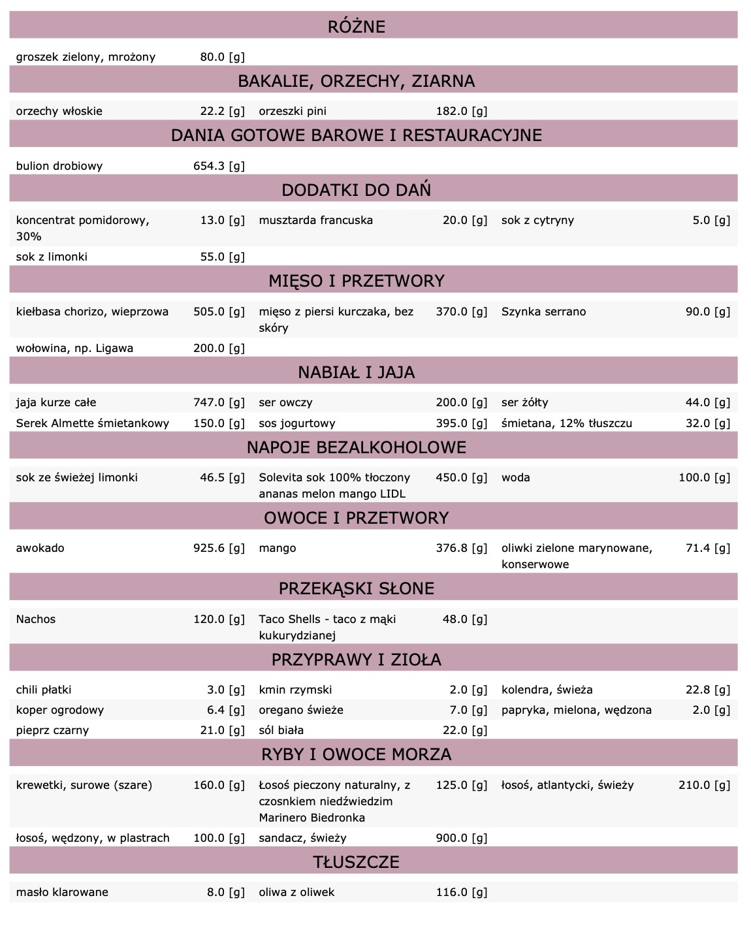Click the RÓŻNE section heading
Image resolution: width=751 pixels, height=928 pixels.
pyautogui.click(x=356, y=27)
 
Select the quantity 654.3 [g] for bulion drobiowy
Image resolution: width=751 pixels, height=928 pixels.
pyautogui.click(x=219, y=166)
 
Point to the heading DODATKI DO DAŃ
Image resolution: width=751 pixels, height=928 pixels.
pyautogui.click(x=356, y=190)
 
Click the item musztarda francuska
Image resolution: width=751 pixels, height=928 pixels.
pyautogui.click(x=315, y=220)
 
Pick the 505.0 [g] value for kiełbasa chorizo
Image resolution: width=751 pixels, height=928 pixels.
pyautogui.click(x=219, y=312)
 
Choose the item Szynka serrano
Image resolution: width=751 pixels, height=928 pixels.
pyautogui.click(x=543, y=312)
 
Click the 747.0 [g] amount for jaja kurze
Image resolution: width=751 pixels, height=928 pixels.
pyautogui.click(x=219, y=402)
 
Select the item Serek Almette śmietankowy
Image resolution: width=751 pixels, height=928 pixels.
pyautogui.click(x=92, y=423)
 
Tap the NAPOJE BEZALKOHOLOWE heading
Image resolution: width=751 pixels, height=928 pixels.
pyautogui.click(x=356, y=447)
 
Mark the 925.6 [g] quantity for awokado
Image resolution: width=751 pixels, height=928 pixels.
pyautogui.click(x=219, y=548)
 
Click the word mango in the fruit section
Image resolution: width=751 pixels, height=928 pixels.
pyautogui.click(x=277, y=548)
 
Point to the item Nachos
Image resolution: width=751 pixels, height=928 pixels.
pyautogui.click(x=36, y=619)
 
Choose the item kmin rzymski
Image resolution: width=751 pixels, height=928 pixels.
pyautogui.click(x=295, y=690)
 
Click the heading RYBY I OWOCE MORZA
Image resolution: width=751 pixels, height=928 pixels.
pyautogui.click(x=356, y=754)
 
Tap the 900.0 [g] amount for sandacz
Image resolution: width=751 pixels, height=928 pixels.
pyautogui.click(x=461, y=838)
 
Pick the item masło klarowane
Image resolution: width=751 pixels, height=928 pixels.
pyautogui.click(x=62, y=892)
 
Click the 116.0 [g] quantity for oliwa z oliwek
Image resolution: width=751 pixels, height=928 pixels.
pyautogui.click(x=461, y=892)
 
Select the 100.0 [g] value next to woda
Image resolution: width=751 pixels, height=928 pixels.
pyautogui.click(x=704, y=477)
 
